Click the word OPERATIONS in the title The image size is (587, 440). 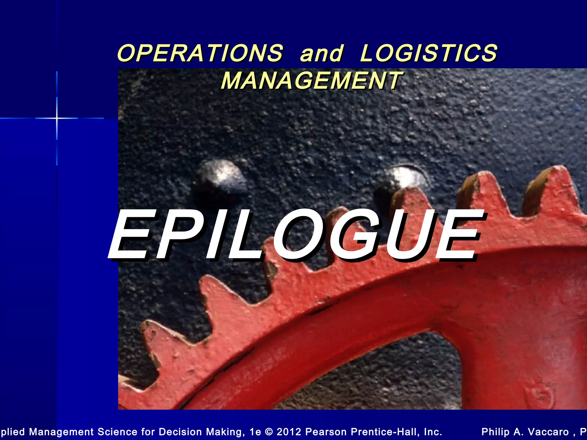pos(200,53)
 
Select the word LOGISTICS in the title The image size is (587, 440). pos(428,53)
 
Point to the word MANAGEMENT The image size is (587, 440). pos(312,80)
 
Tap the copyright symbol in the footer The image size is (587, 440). pos(269,432)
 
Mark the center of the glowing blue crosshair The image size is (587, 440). pos(57,118)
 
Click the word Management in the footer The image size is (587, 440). pos(61,432)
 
